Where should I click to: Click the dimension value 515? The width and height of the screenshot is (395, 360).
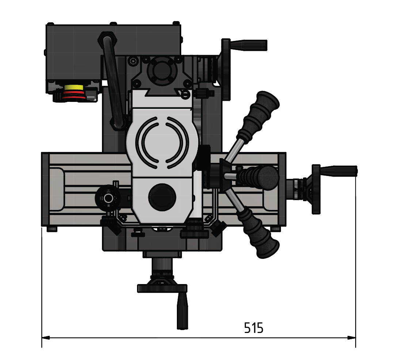click(x=254, y=328)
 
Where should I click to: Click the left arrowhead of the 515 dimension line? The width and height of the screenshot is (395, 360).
click(x=46, y=337)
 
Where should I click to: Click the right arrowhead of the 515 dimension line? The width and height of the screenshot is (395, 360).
click(x=352, y=337)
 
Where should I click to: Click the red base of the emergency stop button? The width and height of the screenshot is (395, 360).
click(x=74, y=96)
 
